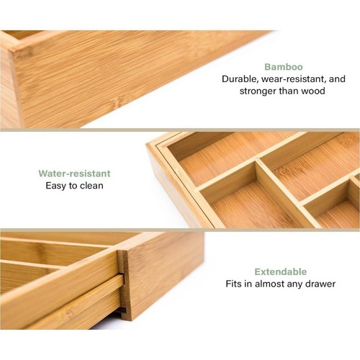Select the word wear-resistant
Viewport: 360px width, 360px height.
click(x=294, y=78)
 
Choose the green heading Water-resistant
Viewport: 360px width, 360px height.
click(x=75, y=173)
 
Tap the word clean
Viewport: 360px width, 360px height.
click(x=90, y=186)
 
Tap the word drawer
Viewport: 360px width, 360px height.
click(x=320, y=284)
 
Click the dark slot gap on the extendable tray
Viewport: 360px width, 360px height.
click(x=122, y=310)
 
